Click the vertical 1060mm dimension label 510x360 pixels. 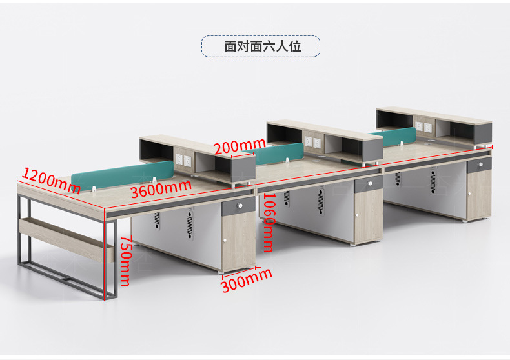coord(268,222)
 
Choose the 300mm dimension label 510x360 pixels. coord(247,281)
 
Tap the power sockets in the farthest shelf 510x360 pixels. coord(423,126)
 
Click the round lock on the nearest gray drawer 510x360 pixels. coord(240,206)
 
